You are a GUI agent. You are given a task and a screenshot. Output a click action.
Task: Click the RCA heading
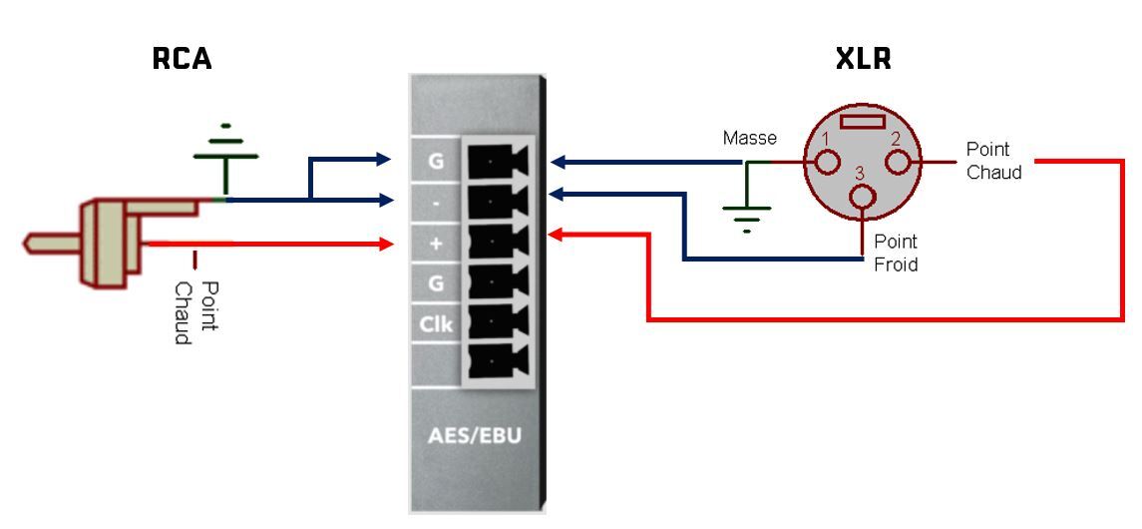182,60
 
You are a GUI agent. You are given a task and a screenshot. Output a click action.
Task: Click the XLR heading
863,60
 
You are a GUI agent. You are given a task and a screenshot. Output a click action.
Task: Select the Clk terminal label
436,323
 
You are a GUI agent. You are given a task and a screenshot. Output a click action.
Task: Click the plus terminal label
436,243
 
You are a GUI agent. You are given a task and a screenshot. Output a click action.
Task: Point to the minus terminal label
436,201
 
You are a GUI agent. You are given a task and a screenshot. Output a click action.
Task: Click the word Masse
749,138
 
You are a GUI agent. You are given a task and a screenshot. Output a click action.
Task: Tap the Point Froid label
895,253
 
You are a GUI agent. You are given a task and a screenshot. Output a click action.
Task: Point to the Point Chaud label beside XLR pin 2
993,161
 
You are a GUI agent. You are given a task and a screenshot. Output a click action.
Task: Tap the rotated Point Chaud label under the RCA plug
194,312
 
